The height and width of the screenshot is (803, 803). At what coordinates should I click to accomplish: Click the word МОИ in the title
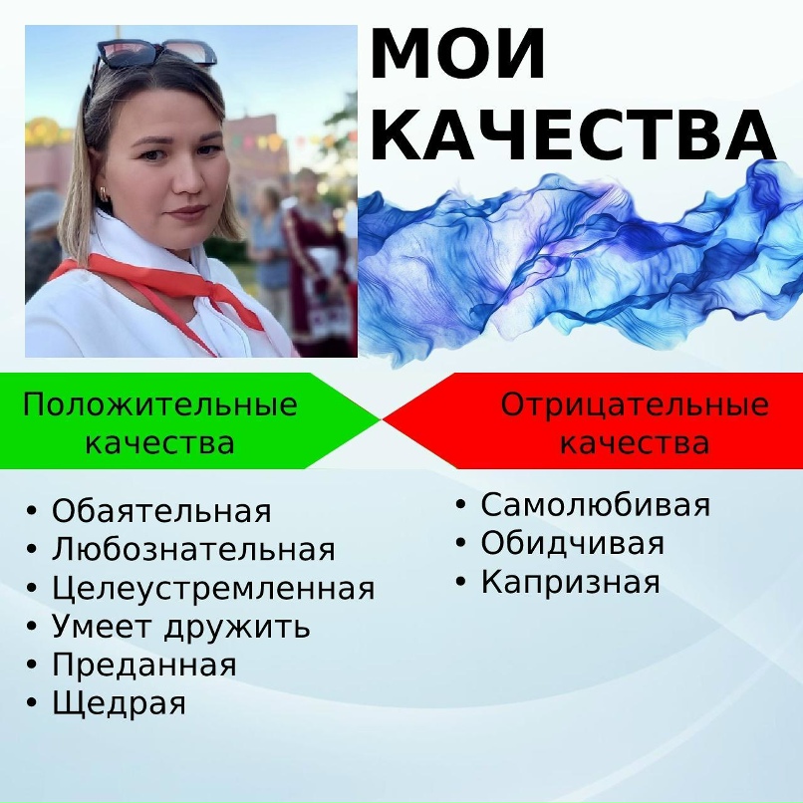click(457, 55)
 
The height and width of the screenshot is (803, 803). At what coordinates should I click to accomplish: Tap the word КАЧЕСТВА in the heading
click(574, 135)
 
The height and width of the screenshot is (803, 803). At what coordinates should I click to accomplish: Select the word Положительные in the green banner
click(159, 404)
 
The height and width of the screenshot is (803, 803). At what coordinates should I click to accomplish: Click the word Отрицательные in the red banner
click(635, 404)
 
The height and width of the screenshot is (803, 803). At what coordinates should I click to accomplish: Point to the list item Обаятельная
click(161, 510)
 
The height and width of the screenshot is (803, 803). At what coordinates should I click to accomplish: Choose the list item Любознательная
click(193, 549)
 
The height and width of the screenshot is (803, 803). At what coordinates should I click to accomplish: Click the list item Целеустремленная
click(213, 589)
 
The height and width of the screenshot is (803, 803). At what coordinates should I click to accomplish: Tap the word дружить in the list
click(237, 627)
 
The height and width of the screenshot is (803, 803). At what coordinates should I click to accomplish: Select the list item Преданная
click(144, 665)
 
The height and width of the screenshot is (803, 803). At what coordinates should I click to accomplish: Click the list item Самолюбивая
click(596, 504)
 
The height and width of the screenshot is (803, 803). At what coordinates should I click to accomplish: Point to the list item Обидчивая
click(573, 543)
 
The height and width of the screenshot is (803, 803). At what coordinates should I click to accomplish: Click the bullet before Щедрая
click(32, 702)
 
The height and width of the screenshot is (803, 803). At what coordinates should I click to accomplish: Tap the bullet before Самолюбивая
click(461, 504)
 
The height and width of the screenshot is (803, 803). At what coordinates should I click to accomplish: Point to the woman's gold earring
click(105, 193)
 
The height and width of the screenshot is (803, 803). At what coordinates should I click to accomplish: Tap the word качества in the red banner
click(635, 442)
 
